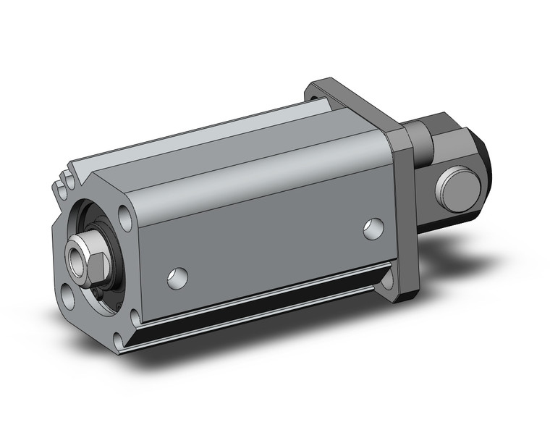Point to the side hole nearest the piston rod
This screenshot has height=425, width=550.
177,277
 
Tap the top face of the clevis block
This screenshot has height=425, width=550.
444,119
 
